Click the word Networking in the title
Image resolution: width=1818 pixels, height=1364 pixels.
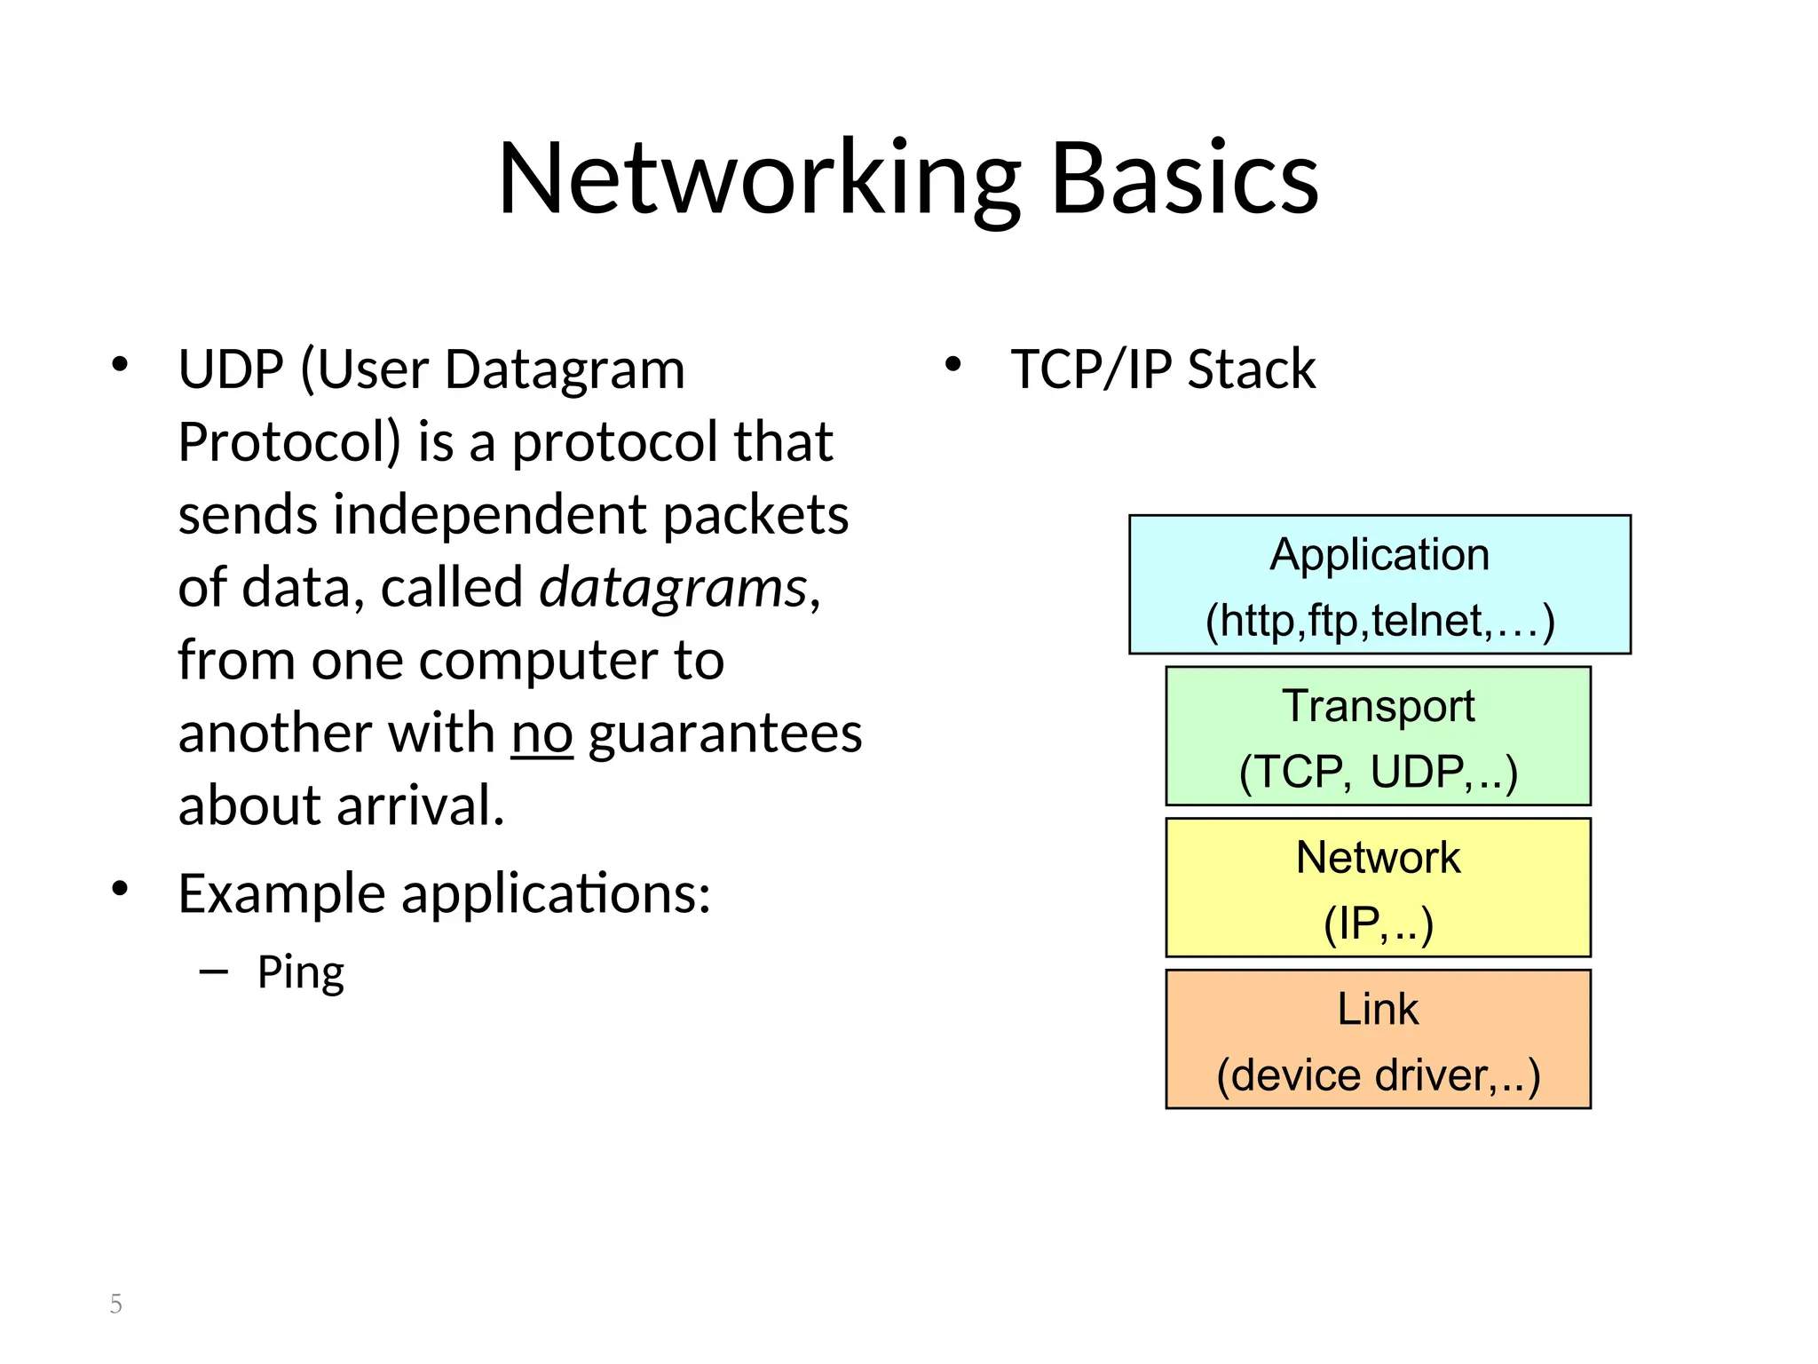pyautogui.click(x=759, y=179)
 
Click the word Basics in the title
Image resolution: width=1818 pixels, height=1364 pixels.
pyautogui.click(x=1184, y=179)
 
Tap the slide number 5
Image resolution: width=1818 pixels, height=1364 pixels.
pyautogui.click(x=116, y=1304)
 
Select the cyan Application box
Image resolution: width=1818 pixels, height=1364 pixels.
pyautogui.click(x=1379, y=584)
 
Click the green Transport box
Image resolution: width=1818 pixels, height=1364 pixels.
pyautogui.click(x=1378, y=736)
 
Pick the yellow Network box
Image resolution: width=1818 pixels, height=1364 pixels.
pyautogui.click(x=1378, y=887)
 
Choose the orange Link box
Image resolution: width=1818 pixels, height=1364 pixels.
pyautogui.click(x=1378, y=1039)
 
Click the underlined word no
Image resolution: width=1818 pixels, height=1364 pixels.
pyautogui.click(x=541, y=734)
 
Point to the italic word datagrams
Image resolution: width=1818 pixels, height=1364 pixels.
pyautogui.click(x=674, y=589)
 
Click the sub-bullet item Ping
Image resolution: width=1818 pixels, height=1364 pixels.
pyautogui.click(x=300, y=972)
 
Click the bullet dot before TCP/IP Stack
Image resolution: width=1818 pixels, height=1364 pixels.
pyautogui.click(x=952, y=365)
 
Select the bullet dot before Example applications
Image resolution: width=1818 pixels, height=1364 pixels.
pyautogui.click(x=121, y=888)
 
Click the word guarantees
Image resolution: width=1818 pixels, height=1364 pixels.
pyautogui.click(x=725, y=734)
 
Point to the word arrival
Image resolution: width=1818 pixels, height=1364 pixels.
pyautogui.click(x=420, y=806)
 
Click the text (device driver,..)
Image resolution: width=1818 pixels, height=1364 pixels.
pyautogui.click(x=1378, y=1075)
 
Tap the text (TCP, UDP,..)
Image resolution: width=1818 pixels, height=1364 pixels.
pyautogui.click(x=1378, y=772)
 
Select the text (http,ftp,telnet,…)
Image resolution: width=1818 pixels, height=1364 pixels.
pyautogui.click(x=1379, y=621)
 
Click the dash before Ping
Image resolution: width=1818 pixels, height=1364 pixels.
pyautogui.click(x=214, y=972)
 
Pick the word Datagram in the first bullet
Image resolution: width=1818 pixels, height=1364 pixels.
pyautogui.click(x=565, y=369)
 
